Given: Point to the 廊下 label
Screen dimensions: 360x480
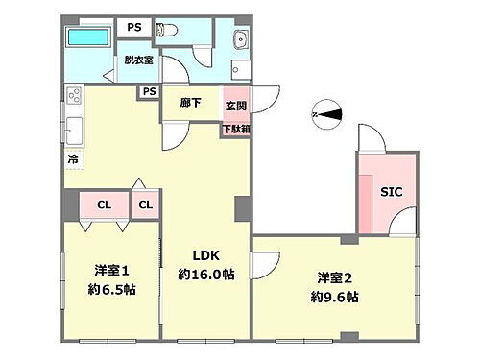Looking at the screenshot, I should click(x=189, y=104).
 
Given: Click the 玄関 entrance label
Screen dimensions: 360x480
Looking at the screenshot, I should click(x=236, y=104).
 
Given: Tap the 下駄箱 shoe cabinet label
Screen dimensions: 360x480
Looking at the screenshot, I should click(x=236, y=129).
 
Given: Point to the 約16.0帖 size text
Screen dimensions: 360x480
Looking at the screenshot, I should click(x=205, y=274).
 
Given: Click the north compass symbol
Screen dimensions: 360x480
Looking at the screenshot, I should click(x=328, y=113).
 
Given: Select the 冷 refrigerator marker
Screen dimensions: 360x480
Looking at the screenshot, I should click(x=72, y=160).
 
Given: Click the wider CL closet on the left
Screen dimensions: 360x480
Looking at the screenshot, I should click(x=105, y=204).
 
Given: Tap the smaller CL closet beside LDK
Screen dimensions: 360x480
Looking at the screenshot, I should click(x=146, y=204).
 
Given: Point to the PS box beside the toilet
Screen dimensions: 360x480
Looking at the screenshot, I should click(x=134, y=28).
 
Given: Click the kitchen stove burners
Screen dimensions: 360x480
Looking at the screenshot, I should click(x=74, y=96).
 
